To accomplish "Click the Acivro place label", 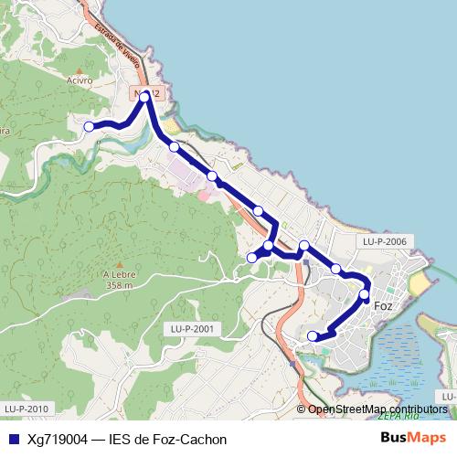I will click(80, 80).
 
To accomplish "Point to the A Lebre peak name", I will click(119, 274).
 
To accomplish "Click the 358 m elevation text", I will click(119, 285).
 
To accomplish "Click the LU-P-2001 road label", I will click(192, 329).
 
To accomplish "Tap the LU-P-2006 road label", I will click(384, 242).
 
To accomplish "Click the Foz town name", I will click(384, 305).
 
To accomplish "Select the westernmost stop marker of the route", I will click(89, 126).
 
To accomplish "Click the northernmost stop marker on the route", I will click(144, 94).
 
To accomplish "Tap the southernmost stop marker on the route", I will click(313, 335).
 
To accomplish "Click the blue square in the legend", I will click(13, 440).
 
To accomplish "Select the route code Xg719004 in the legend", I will click(57, 440).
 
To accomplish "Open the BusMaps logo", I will click(413, 439).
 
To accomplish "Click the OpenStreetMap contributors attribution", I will click(377, 409).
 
